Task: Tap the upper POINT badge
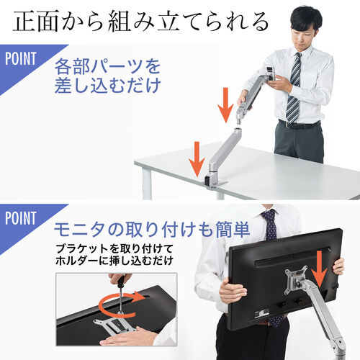click(x=21, y=59)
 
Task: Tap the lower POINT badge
click(x=21, y=218)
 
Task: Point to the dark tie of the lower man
click(x=269, y=223)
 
